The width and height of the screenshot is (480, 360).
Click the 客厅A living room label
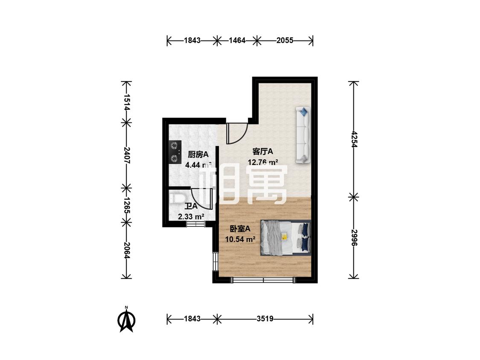click(x=262, y=151)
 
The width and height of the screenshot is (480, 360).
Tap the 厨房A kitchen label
click(x=198, y=154)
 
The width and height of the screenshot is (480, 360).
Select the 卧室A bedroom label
click(x=240, y=229)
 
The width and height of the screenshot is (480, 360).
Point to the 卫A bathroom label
click(x=191, y=206)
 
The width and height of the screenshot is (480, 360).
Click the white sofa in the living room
click(x=303, y=135)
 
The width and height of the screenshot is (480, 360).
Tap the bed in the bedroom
click(x=285, y=238)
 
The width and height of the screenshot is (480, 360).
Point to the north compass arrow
click(x=126, y=320)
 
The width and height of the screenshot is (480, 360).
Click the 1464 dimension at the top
click(x=237, y=41)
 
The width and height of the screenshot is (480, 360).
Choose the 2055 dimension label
click(x=285, y=41)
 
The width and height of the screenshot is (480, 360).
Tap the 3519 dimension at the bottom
click(x=265, y=319)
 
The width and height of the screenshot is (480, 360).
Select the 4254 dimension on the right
click(x=354, y=139)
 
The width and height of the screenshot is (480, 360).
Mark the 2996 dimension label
click(x=354, y=238)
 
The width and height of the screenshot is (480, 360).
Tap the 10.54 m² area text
click(x=240, y=239)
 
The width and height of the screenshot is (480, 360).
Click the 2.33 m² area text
click(x=191, y=217)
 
